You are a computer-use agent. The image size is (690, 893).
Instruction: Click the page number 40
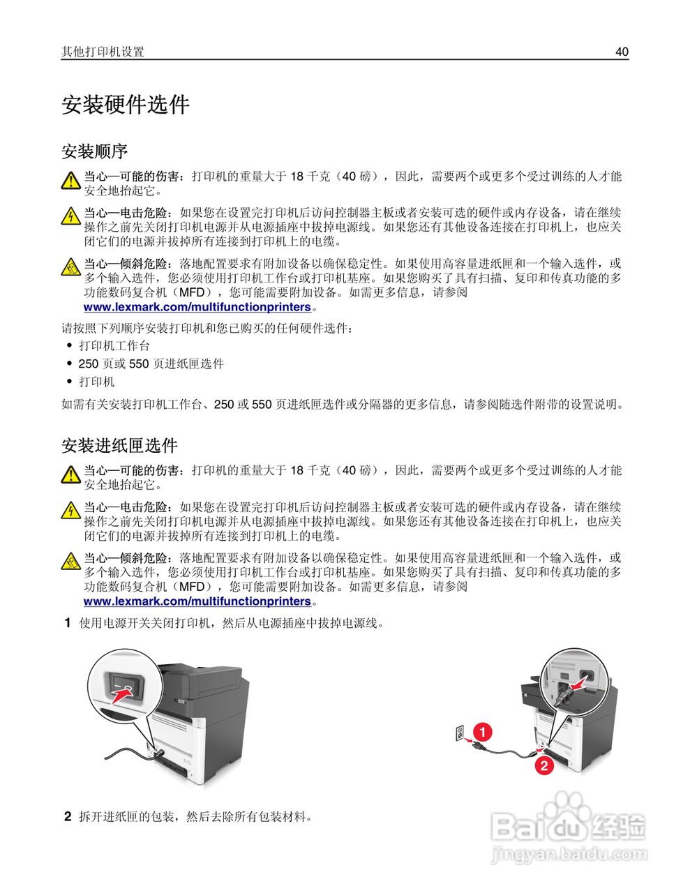point(622,52)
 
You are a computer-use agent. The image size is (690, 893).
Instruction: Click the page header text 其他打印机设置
point(103,52)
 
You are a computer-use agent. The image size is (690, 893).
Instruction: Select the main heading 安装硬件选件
point(126,105)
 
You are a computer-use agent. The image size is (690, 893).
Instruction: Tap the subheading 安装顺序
point(94,151)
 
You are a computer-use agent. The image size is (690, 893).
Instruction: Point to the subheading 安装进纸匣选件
point(119,445)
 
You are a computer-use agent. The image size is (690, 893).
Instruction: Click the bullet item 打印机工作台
point(114,346)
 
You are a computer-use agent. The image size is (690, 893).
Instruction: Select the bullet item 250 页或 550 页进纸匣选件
point(151,364)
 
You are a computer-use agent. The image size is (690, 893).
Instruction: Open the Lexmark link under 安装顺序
point(197,307)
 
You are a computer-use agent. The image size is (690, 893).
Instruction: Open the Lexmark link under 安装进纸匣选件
point(197,601)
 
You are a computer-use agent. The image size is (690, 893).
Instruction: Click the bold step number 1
point(68,623)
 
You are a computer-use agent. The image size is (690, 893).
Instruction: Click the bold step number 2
point(68,816)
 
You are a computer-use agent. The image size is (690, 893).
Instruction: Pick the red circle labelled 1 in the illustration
point(481,732)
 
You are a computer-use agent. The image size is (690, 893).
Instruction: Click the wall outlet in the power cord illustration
point(459,733)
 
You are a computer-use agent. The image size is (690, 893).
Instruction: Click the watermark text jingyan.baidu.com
point(570,854)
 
